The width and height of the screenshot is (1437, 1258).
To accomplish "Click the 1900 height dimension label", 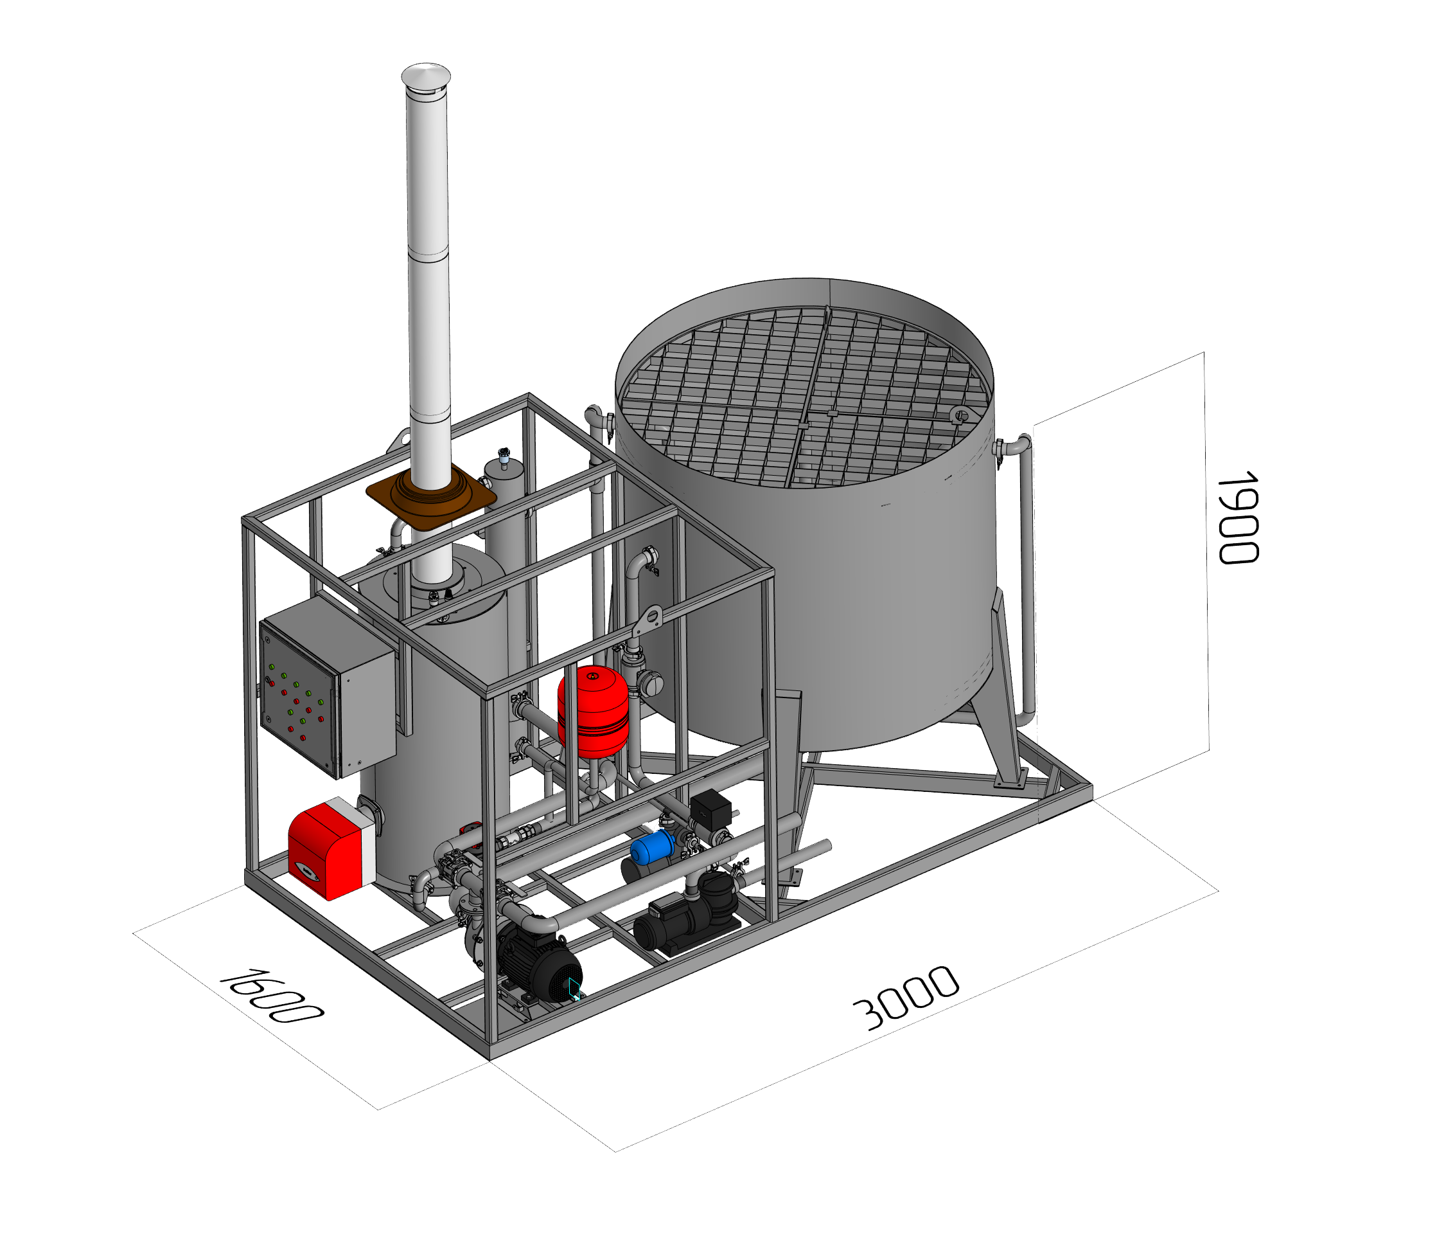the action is point(1239,518).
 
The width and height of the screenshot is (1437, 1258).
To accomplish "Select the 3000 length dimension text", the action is point(906,998).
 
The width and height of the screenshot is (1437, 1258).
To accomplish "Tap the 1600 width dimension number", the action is point(272,996).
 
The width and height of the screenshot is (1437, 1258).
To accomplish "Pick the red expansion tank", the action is point(593,711).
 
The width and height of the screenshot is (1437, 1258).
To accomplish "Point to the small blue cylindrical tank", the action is point(653,847).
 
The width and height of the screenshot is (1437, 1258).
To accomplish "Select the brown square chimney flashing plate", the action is point(431,498).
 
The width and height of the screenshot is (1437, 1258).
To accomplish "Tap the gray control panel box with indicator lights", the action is point(327,688).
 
